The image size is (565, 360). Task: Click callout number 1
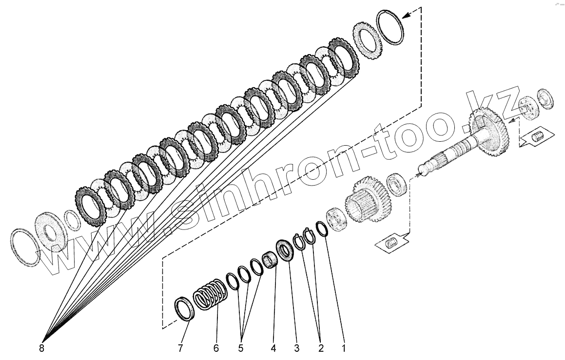click(x=344, y=348)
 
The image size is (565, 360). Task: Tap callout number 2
click(x=320, y=348)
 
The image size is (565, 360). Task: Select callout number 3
click(x=296, y=348)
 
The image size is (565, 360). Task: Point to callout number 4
click(x=273, y=348)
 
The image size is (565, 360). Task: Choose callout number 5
click(x=240, y=348)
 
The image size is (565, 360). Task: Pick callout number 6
click(x=215, y=348)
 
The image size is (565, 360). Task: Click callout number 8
click(x=41, y=348)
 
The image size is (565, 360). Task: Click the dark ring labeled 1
click(x=322, y=228)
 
